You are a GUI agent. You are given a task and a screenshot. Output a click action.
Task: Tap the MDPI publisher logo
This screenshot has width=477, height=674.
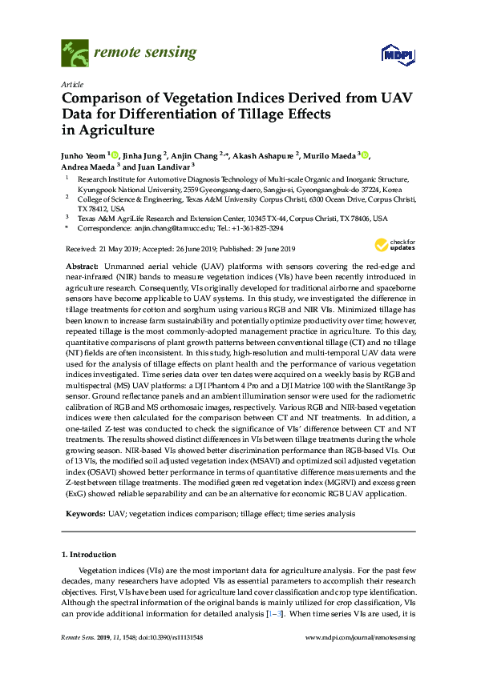[390, 55]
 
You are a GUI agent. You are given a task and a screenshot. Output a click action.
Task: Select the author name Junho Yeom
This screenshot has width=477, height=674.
[84, 155]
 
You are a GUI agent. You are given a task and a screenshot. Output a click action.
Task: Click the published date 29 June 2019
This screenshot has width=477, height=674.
[269, 249]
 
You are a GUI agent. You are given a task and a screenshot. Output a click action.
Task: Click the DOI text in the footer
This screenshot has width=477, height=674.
[169, 637]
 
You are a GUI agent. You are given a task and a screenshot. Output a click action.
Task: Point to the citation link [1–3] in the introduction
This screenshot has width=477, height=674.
[296, 611]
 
